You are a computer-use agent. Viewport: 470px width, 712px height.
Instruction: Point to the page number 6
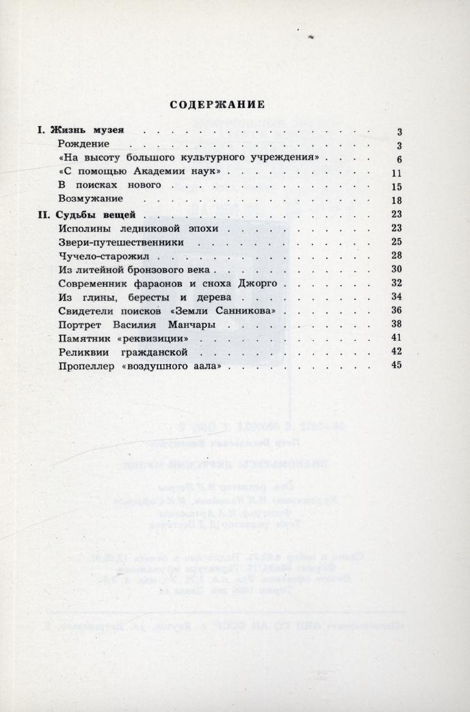click(x=399, y=160)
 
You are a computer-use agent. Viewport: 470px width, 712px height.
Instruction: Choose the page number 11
click(x=396, y=174)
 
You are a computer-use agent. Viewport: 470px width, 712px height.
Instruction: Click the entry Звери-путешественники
click(x=120, y=242)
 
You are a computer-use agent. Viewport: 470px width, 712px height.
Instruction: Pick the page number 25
click(x=396, y=242)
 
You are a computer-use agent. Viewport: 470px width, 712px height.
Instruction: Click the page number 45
click(x=396, y=365)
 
